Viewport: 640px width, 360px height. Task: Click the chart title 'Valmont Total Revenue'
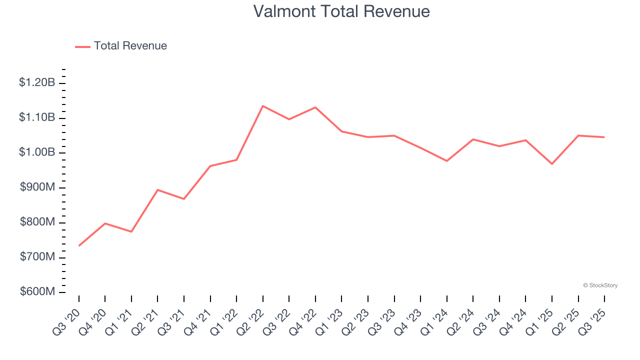pos(341,11)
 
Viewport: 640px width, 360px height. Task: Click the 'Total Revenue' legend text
pos(130,46)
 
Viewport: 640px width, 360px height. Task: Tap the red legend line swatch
pos(82,46)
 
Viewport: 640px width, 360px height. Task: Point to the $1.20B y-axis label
pos(37,83)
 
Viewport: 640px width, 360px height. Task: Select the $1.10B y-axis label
pos(37,117)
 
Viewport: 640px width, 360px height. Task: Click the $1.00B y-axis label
pos(37,152)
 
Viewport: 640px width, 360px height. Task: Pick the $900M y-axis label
pos(37,187)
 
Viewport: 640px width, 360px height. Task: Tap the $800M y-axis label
pos(37,222)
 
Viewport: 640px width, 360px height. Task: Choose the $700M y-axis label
pos(37,257)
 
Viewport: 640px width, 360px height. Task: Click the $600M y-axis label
pos(37,292)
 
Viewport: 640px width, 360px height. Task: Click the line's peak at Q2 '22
pos(263,106)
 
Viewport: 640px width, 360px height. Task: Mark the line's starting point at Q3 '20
pos(79,245)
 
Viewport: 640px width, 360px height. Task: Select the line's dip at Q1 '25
pos(552,164)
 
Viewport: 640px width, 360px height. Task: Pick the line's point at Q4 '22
pos(315,107)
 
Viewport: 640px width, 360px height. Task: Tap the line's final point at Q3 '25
pos(604,137)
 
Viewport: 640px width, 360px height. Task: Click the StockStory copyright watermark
pos(600,285)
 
